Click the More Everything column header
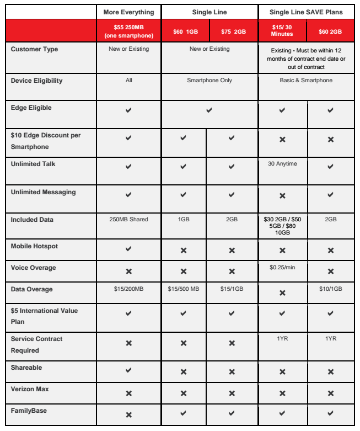tap(128, 12)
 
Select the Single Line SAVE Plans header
tap(306, 12)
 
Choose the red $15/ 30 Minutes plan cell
tap(282, 32)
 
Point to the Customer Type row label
tap(34, 49)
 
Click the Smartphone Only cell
tap(209, 81)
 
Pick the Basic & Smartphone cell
tap(306, 81)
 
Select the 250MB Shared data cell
tap(128, 219)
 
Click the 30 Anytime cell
tap(282, 164)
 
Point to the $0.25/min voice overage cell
tap(282, 268)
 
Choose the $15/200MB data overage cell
tap(128, 289)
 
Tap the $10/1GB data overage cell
tap(331, 289)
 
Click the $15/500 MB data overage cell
tap(184, 289)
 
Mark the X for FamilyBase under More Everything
tap(128, 414)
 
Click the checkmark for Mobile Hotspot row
tap(128, 249)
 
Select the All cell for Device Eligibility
tap(128, 81)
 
